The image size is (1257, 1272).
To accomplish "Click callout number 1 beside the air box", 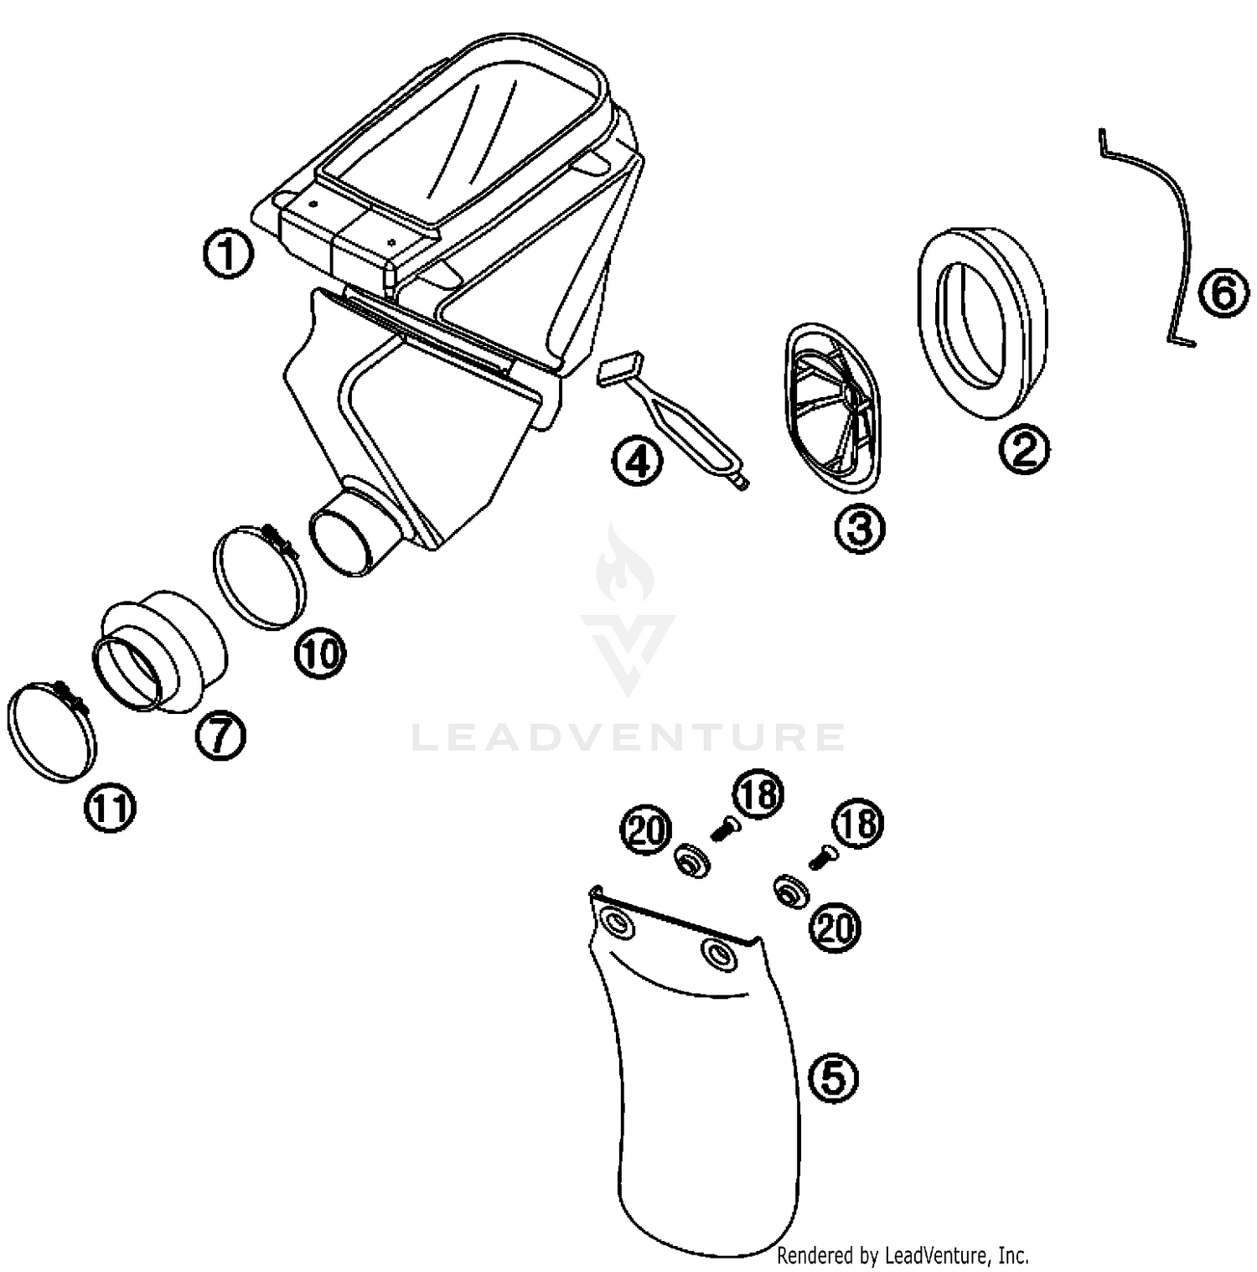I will [228, 254].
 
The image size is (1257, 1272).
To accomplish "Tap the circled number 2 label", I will [1023, 449].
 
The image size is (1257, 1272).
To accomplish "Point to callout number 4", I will [637, 462].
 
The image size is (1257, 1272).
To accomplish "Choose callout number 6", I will [1223, 294].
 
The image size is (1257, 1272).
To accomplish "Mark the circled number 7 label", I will [220, 736].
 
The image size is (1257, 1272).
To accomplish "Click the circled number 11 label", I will [111, 809].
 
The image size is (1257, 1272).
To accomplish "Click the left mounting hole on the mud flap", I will [618, 924].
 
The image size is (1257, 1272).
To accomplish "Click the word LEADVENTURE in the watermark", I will [628, 737].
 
